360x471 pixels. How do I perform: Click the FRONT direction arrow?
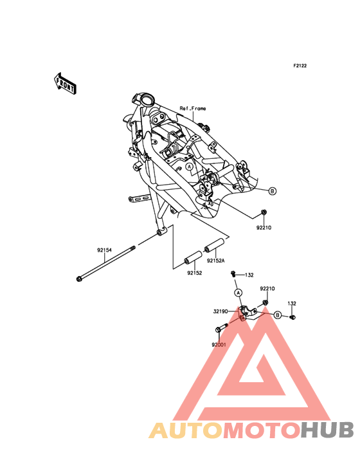(x=65, y=84)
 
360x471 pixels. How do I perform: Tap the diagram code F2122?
(x=300, y=66)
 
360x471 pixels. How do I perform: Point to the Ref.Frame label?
(x=193, y=108)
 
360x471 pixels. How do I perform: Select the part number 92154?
(x=104, y=250)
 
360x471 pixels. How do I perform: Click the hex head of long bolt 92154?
(x=80, y=279)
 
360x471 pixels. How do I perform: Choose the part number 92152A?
(x=216, y=261)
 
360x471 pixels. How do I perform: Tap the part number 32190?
(x=221, y=311)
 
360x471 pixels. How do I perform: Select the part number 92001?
(x=219, y=345)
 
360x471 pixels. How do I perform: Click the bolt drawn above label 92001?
(x=222, y=328)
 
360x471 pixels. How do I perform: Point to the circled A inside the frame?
(x=189, y=167)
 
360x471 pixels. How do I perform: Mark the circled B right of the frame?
(x=272, y=190)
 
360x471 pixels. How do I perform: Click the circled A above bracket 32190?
(x=238, y=292)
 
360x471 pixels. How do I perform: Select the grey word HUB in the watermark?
(x=328, y=430)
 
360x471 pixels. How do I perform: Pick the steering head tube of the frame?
(x=145, y=100)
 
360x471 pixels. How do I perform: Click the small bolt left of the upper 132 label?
(x=233, y=273)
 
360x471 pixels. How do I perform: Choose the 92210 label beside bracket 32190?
(x=267, y=289)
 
